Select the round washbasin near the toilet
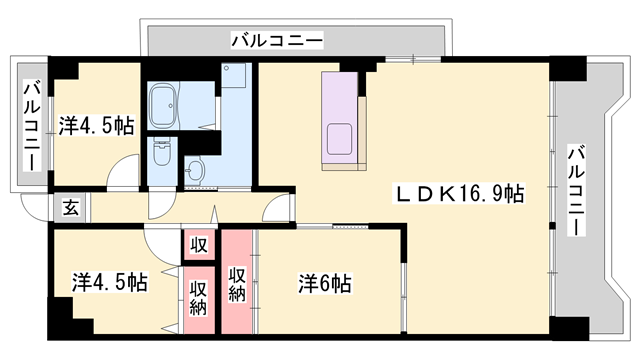195,171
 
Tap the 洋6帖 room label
323,283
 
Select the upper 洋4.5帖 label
96,126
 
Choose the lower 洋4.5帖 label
109,283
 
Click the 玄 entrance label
71,208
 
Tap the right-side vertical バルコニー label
577,190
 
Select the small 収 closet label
198,245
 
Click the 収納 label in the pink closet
237,284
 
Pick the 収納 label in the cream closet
198,296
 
